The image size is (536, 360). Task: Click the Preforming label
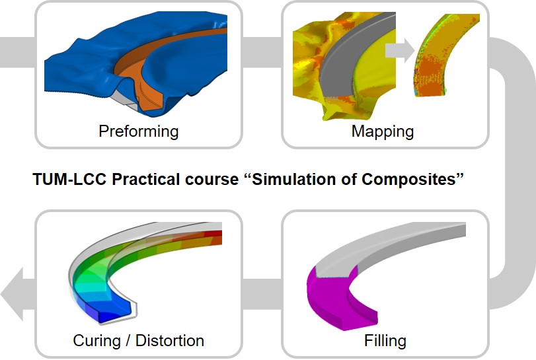tap(138, 131)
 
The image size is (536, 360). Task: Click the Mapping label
tap(383, 131)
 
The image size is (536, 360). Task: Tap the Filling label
tap(385, 341)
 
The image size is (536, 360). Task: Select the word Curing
tap(96, 341)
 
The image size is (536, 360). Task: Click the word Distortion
tap(170, 341)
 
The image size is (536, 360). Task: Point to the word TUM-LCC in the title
tap(69, 179)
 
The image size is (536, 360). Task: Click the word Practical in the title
tap(145, 179)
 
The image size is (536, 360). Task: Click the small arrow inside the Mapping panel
tap(400, 51)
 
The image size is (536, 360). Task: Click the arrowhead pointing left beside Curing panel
tap(13, 294)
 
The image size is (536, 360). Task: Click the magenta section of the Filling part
tap(328, 301)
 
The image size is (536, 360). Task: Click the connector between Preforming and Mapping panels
tap(262, 52)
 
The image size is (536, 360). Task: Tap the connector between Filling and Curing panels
tap(262, 294)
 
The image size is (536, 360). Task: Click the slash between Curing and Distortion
tap(128, 341)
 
